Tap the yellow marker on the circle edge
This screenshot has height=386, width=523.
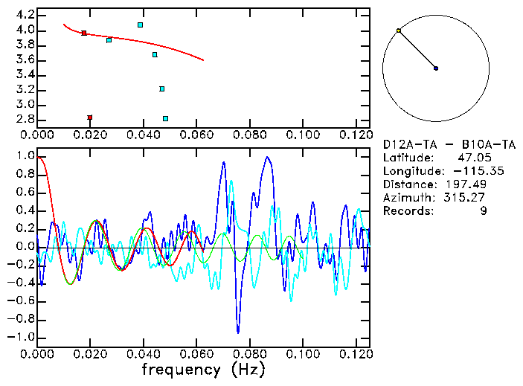coord(399,30)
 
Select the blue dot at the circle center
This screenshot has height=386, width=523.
coord(436,68)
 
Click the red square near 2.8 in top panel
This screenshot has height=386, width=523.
coord(90,118)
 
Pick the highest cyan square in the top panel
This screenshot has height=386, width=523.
coord(140,25)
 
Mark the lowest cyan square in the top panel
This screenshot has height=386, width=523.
coord(165,118)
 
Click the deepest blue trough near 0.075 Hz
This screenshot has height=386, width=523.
coord(238,332)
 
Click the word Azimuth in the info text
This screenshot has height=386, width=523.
coord(405,197)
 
